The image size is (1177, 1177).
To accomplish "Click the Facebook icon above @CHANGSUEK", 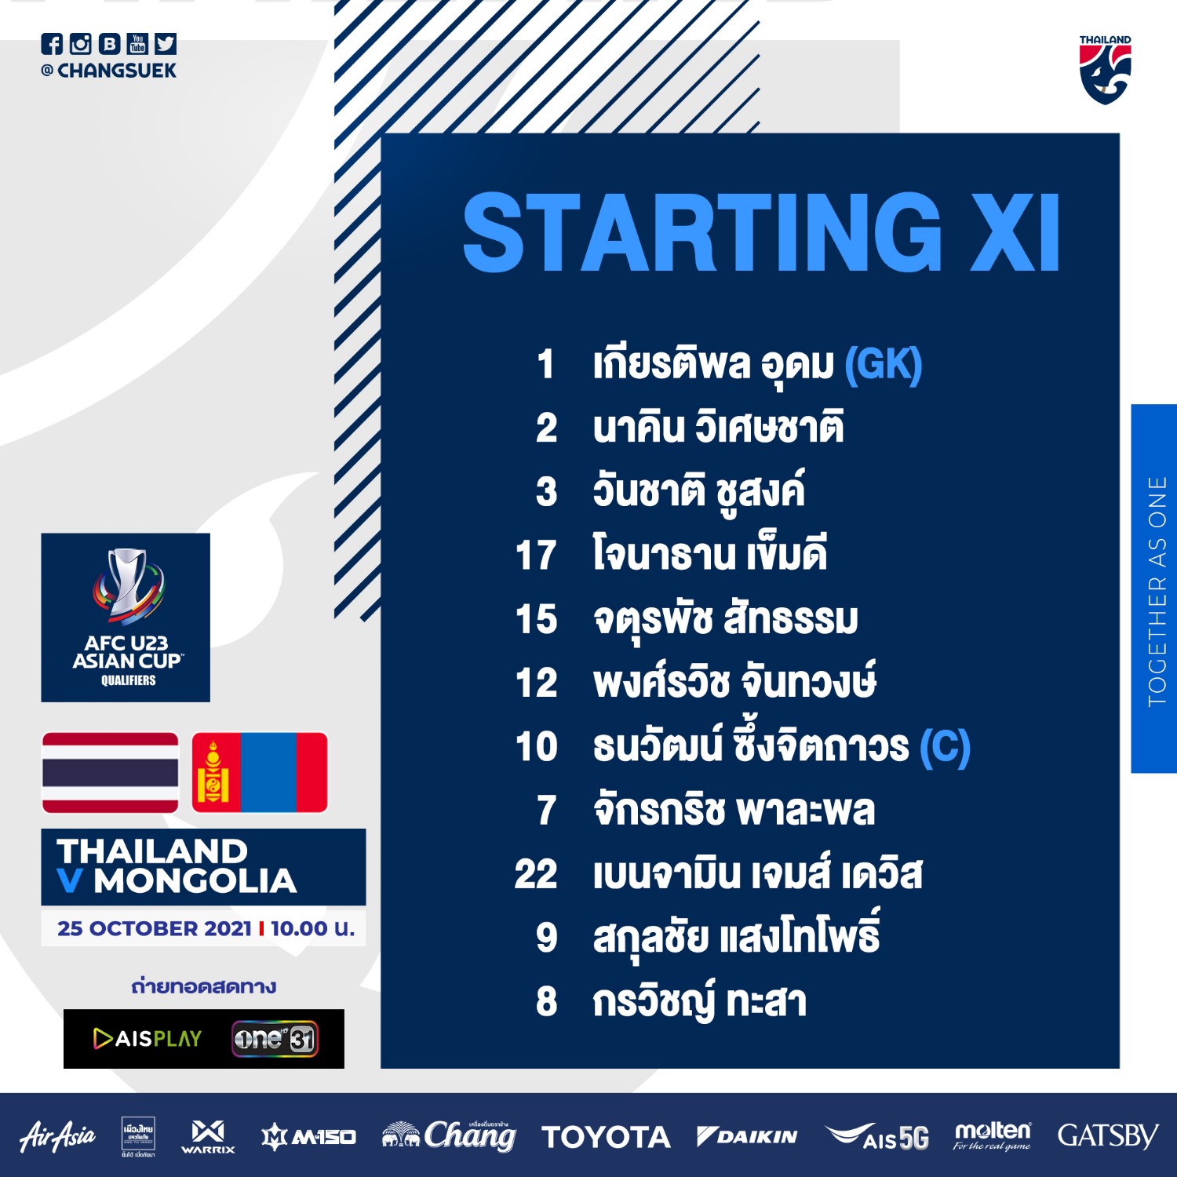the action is click(x=52, y=44).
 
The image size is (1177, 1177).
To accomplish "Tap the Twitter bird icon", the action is click(x=166, y=44).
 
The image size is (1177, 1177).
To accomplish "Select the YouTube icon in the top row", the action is click(x=137, y=44).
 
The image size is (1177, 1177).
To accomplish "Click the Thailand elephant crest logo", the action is click(x=1105, y=70).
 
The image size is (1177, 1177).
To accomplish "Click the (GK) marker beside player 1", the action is click(x=884, y=364).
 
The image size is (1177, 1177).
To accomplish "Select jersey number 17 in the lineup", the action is click(x=537, y=555).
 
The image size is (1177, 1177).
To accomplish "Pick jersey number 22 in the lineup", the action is click(x=536, y=873).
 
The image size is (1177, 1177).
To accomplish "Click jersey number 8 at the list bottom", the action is click(x=546, y=1001).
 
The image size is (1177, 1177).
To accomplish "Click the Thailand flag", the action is click(x=110, y=773).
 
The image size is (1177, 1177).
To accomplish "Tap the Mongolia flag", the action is click(x=260, y=773).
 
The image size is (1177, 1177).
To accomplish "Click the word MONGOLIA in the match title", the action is click(x=195, y=881).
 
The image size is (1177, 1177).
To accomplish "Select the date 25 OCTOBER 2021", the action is click(x=154, y=928).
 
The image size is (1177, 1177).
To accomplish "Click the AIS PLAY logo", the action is click(x=148, y=1038).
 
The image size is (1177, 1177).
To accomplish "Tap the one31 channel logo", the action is click(x=275, y=1039).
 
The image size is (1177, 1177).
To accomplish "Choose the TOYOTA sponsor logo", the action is click(x=606, y=1137).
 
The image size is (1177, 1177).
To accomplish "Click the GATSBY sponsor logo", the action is click(x=1107, y=1135).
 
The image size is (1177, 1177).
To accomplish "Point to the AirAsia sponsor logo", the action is click(x=57, y=1136).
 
